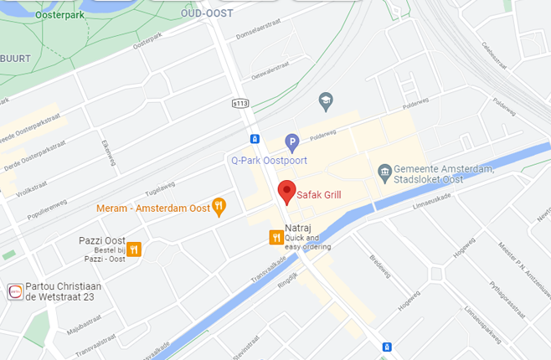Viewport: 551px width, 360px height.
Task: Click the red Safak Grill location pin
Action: (286, 192)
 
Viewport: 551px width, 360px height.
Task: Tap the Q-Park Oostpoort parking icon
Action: (291, 142)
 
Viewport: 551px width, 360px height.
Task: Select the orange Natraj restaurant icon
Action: (275, 238)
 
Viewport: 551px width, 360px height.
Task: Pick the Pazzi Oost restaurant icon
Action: (134, 249)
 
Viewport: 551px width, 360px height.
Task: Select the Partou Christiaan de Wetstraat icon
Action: (14, 291)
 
